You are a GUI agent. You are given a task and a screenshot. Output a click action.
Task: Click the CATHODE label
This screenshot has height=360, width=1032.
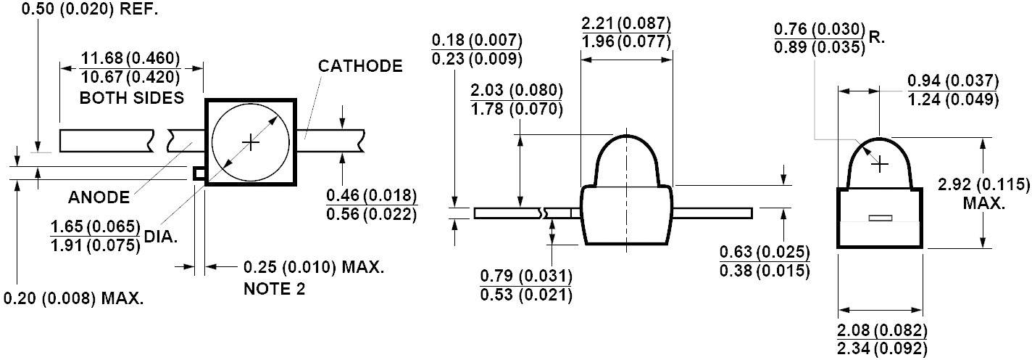360,66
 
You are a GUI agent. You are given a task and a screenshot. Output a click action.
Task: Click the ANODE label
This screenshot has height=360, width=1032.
99,197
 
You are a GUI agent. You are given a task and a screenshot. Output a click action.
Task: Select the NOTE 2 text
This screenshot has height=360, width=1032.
274,289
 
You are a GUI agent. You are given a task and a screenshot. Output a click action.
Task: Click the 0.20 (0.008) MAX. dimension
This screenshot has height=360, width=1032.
73,298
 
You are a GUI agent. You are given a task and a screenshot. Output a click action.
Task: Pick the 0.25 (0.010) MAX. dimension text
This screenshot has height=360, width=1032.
313,267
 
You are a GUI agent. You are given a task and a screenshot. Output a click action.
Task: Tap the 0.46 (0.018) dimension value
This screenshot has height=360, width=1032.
372,196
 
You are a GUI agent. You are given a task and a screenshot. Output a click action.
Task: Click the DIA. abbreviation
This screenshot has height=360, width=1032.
160,236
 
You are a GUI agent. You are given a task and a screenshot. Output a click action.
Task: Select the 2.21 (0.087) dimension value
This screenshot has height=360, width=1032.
626,23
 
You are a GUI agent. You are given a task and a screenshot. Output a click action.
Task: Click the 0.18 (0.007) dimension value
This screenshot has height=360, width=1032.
476,40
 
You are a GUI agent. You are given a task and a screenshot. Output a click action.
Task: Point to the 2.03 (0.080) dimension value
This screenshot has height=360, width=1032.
516,91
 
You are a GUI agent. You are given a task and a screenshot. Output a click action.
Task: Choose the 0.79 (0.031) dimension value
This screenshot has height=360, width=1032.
526,277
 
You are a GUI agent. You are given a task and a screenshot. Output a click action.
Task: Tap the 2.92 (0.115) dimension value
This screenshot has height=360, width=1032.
983,184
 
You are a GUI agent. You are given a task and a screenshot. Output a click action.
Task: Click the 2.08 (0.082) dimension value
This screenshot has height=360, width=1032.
881,330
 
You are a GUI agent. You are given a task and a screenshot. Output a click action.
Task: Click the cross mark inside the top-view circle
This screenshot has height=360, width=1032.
250,142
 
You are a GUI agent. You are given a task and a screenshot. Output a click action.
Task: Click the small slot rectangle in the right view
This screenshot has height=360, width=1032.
881,218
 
